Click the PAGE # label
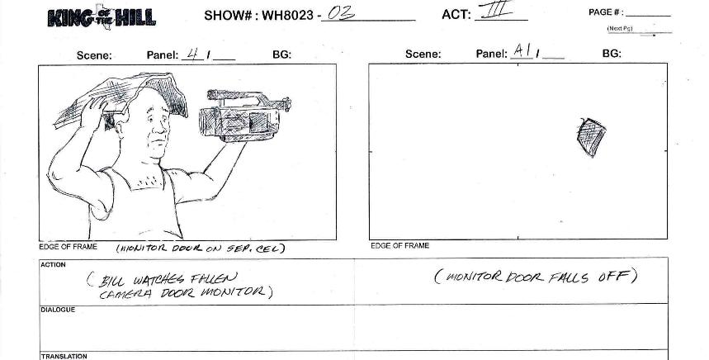click(606, 12)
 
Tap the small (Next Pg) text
click(620, 28)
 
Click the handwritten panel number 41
click(196, 54)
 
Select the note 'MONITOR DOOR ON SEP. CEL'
click(200, 248)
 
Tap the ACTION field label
click(53, 265)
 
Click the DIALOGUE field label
click(58, 310)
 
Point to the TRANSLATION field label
click(64, 356)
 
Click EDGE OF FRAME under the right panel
click(399, 246)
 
